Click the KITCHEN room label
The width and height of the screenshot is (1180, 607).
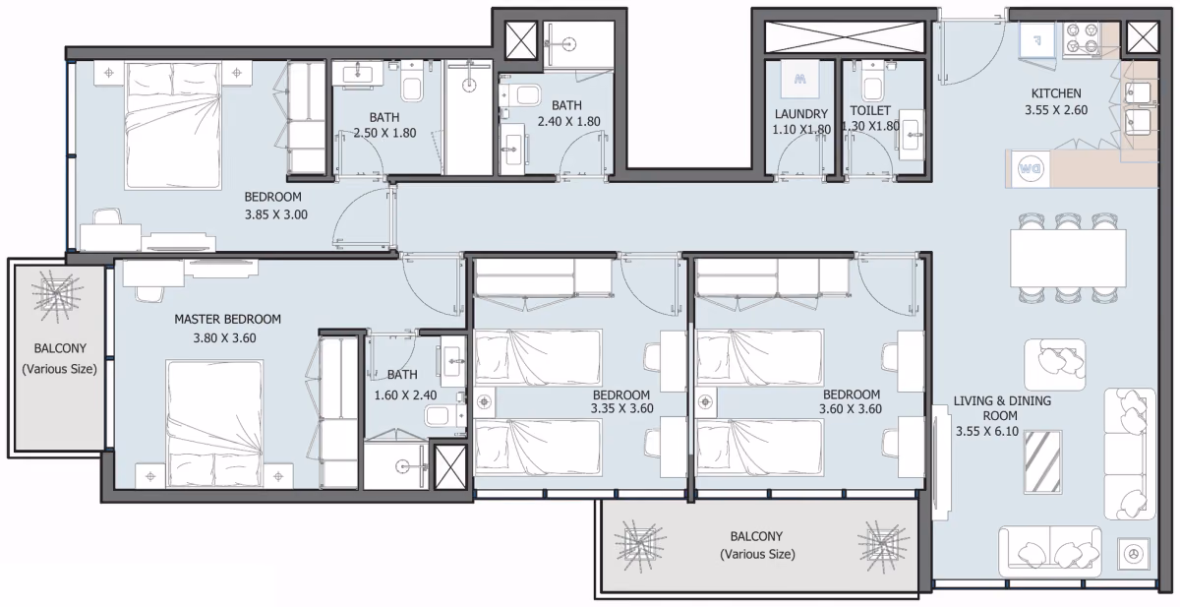[x=1056, y=93]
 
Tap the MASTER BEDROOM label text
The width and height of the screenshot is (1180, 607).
[x=227, y=319]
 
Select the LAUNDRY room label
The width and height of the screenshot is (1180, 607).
[x=801, y=114]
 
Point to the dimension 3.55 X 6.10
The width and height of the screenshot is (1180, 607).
[x=987, y=431]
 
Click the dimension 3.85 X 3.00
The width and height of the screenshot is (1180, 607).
[x=276, y=214]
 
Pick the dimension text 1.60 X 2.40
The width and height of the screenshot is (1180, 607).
[x=405, y=395]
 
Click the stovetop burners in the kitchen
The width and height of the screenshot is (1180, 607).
[x=1082, y=39]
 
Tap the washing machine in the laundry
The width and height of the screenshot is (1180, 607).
[x=799, y=79]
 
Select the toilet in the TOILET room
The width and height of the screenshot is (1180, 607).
[x=872, y=81]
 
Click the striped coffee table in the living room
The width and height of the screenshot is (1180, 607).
[x=1042, y=462]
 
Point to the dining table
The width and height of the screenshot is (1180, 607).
[x=1068, y=258]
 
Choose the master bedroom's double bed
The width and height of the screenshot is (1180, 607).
[x=214, y=424]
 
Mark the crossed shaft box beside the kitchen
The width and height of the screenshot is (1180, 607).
[x=1142, y=38]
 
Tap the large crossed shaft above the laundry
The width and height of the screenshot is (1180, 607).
[x=845, y=36]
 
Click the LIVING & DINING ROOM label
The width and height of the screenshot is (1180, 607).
[x=1002, y=408]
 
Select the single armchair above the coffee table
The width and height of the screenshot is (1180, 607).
[x=1054, y=365]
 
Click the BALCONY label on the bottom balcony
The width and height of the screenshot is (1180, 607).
[x=756, y=536]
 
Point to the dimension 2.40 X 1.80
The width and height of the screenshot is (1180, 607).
[x=569, y=121]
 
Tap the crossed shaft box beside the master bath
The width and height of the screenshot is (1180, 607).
[x=450, y=466]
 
